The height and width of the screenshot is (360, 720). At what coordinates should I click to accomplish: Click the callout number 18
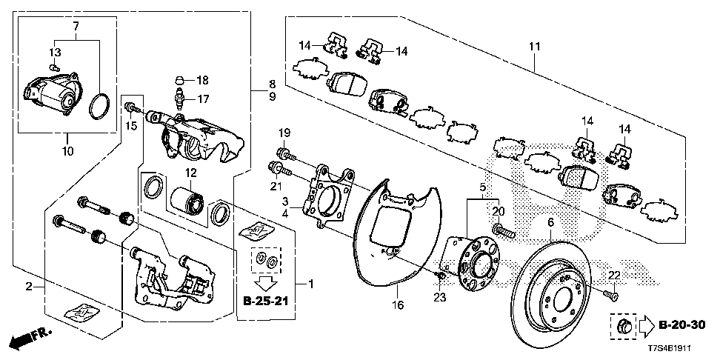pyautogui.click(x=202, y=81)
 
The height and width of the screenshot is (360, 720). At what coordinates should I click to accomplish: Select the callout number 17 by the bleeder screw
pyautogui.click(x=202, y=99)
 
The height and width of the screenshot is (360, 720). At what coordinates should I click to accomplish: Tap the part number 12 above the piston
pyautogui.click(x=190, y=173)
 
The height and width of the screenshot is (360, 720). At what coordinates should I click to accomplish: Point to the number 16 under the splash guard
pyautogui.click(x=398, y=305)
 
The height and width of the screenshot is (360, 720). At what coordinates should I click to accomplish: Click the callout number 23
pyautogui.click(x=439, y=297)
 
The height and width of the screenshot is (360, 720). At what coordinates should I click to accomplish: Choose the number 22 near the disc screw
pyautogui.click(x=614, y=276)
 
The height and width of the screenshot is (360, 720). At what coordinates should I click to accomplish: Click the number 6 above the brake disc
pyautogui.click(x=551, y=223)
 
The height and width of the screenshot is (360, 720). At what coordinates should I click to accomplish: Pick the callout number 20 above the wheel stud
pyautogui.click(x=499, y=212)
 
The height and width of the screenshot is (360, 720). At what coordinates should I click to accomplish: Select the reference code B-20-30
pyautogui.click(x=682, y=325)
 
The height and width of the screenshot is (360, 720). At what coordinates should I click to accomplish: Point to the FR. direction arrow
pyautogui.click(x=31, y=339)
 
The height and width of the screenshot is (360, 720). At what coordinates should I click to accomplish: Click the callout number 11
pyautogui.click(x=534, y=47)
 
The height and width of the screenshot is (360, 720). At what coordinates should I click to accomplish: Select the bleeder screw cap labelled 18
pyautogui.click(x=180, y=81)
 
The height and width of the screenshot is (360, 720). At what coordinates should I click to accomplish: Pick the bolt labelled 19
pyautogui.click(x=287, y=154)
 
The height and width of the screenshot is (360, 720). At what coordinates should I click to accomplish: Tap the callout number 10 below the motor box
pyautogui.click(x=67, y=150)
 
